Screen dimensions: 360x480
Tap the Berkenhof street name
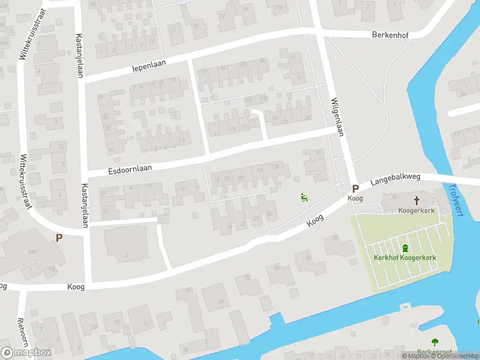(x=390, y=35)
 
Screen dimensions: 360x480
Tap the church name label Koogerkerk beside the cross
(x=416, y=211)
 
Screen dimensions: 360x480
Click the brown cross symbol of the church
(x=416, y=200)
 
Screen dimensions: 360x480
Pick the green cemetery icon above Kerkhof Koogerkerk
(x=405, y=247)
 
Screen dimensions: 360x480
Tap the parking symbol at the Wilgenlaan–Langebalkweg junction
(x=355, y=188)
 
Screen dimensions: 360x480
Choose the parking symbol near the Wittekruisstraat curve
(x=59, y=238)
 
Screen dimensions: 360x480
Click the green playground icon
(x=304, y=197)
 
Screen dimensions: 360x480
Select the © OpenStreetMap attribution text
(x=455, y=356)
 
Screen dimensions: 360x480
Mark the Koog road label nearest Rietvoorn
(x=76, y=287)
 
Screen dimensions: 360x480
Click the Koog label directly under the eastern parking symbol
(x=355, y=198)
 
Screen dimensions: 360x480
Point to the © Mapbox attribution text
(x=416, y=356)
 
